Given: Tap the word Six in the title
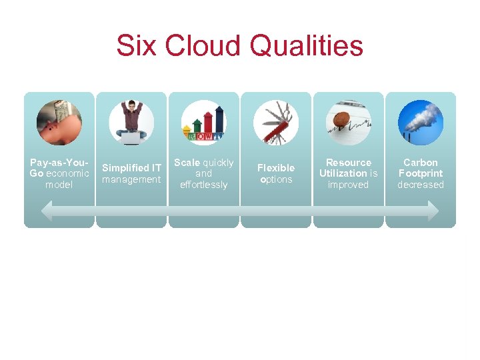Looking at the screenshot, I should (x=135, y=46).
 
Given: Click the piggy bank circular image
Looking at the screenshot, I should (x=59, y=123).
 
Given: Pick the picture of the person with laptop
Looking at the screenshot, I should (x=131, y=123).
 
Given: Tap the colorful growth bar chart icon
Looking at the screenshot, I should (x=203, y=123).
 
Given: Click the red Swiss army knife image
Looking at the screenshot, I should (x=276, y=123).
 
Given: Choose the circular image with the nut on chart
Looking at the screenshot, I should (x=348, y=123).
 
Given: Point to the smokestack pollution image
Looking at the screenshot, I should (x=421, y=123).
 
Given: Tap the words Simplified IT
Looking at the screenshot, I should (x=131, y=168).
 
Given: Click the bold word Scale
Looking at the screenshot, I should (x=187, y=163).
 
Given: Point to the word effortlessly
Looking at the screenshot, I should (x=203, y=185).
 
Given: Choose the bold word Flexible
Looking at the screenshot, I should (x=276, y=168).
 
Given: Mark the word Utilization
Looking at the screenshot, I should (x=343, y=173).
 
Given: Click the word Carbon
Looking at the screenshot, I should (x=421, y=163).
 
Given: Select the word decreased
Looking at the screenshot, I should (x=421, y=185).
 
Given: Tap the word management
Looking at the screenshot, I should (x=131, y=179).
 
